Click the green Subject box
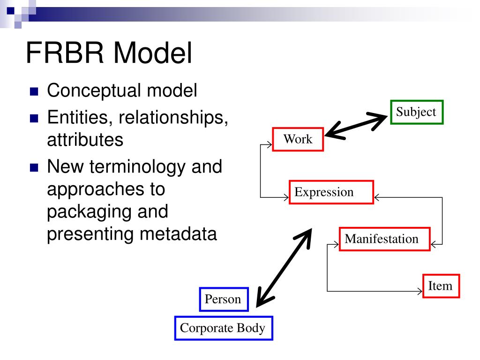[416, 112]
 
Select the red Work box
[298, 139]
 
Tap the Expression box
[331, 192]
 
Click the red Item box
[441, 286]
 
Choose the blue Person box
[223, 300]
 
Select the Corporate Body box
[223, 328]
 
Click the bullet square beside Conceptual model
[34, 92]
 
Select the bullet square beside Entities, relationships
[34, 119]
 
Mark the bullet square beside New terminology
[34, 168]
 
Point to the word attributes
[85, 140]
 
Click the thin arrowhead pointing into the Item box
[420, 292]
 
